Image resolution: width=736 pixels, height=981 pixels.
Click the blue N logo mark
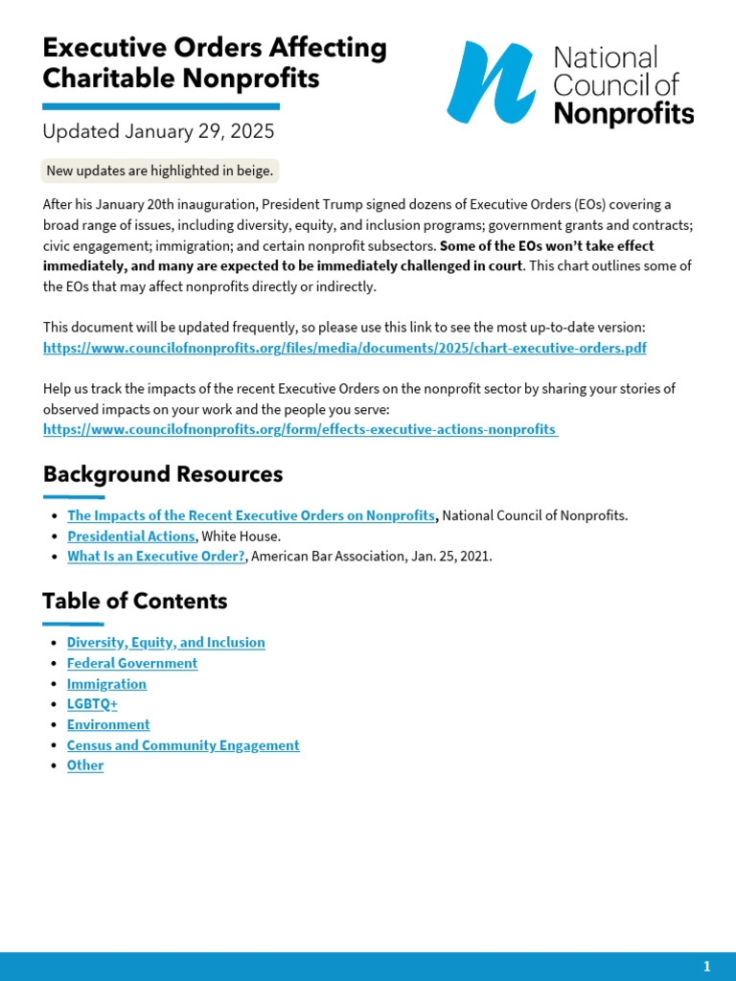(x=491, y=83)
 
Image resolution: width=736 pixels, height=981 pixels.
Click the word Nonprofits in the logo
(x=624, y=114)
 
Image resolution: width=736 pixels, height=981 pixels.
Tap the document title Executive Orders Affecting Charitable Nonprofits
(x=215, y=63)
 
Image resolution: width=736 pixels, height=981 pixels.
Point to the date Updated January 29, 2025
(x=158, y=131)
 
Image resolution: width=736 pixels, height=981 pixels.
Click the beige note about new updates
(x=160, y=171)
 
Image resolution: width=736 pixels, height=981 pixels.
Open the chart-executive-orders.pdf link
(x=344, y=348)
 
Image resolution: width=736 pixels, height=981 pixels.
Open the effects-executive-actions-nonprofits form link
(x=300, y=429)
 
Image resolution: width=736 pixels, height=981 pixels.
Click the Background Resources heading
(x=163, y=474)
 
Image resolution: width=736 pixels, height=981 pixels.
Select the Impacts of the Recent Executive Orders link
(x=251, y=515)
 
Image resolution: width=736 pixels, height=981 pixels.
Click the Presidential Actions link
(x=131, y=536)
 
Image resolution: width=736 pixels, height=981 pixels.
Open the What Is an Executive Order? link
(x=156, y=556)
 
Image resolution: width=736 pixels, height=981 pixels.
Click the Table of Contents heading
(x=135, y=601)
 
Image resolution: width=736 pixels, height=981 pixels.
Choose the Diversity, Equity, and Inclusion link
(x=166, y=643)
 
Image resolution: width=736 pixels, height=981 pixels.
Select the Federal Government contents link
(x=132, y=663)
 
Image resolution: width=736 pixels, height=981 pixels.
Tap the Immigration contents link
(x=106, y=684)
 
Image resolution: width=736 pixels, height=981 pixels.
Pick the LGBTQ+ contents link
(x=92, y=704)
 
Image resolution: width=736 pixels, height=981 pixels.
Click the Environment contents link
(x=108, y=724)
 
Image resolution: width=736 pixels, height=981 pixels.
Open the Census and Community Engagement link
(x=183, y=745)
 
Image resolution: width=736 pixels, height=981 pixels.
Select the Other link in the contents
(x=85, y=765)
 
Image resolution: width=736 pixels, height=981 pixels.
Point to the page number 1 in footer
(x=707, y=966)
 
